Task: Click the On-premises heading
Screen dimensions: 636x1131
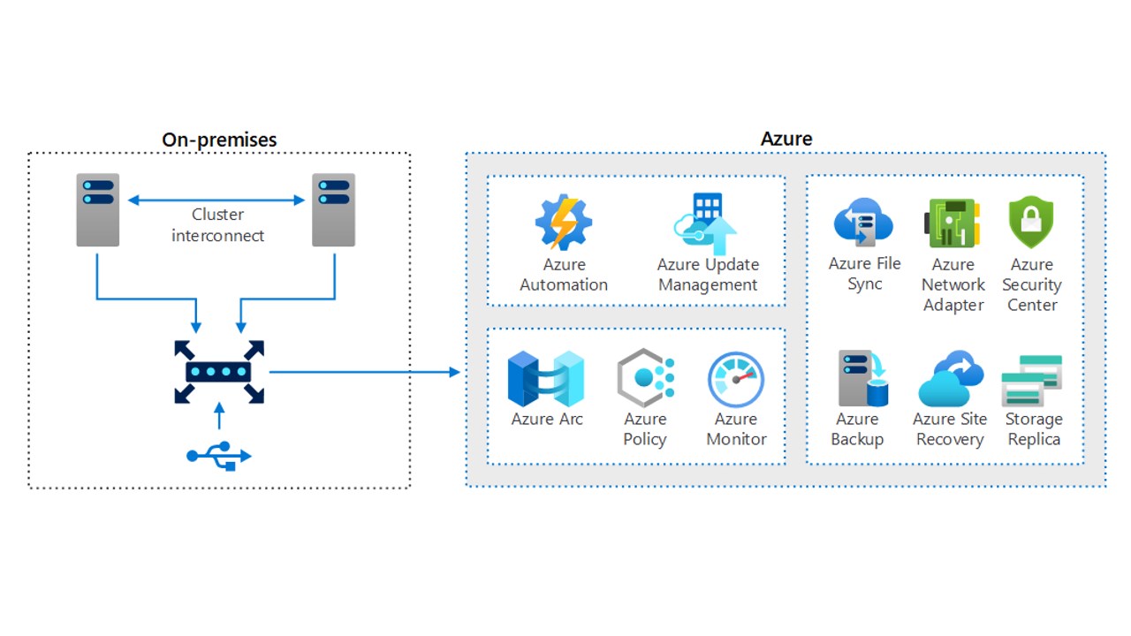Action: [219, 140]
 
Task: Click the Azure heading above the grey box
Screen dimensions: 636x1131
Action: [786, 139]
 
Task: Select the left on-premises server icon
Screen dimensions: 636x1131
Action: [97, 209]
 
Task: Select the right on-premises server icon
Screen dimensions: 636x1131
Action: [333, 209]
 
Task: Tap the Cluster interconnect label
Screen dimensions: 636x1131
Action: [217, 225]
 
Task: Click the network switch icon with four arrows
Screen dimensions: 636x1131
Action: [219, 372]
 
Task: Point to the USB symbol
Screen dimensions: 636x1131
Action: [219, 455]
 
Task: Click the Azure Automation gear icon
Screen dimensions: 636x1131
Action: [563, 223]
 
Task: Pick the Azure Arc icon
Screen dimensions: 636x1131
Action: [546, 379]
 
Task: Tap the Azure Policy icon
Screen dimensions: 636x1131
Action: [645, 378]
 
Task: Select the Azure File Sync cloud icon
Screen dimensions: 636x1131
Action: [863, 223]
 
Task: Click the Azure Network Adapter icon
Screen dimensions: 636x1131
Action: [953, 223]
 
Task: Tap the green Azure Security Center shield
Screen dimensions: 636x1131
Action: [1031, 222]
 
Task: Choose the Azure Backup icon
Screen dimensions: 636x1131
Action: [862, 379]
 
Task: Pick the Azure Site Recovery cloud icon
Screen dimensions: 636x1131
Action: [950, 379]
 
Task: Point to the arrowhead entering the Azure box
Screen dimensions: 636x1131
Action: [455, 372]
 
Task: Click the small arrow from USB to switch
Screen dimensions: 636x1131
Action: [219, 417]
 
